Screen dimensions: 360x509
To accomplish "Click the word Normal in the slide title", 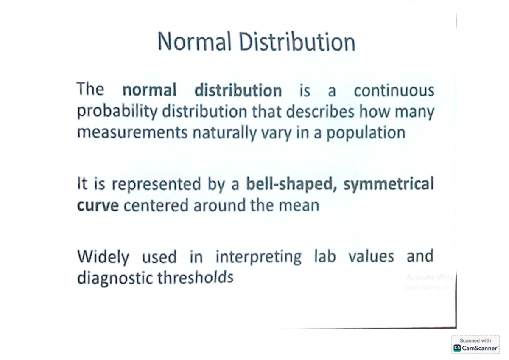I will pyautogui.click(x=194, y=42).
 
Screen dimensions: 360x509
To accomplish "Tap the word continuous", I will pyautogui.click(x=394, y=90).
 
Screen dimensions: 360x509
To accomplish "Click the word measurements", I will pyautogui.click(x=132, y=133).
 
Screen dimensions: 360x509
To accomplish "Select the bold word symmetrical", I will pyautogui.click(x=389, y=184).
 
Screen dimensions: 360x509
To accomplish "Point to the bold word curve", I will pyautogui.click(x=98, y=205).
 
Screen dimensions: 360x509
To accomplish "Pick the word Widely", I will pyautogui.click(x=103, y=257).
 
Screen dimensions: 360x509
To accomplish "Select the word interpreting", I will pyautogui.click(x=259, y=257).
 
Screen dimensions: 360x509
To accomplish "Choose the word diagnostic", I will pyautogui.click(x=115, y=278).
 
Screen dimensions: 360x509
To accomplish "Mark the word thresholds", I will pyautogui.click(x=196, y=278).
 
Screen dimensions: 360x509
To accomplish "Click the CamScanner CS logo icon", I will pyautogui.click(x=457, y=348).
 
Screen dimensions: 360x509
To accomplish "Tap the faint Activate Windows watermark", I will pyautogui.click(x=429, y=278).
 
